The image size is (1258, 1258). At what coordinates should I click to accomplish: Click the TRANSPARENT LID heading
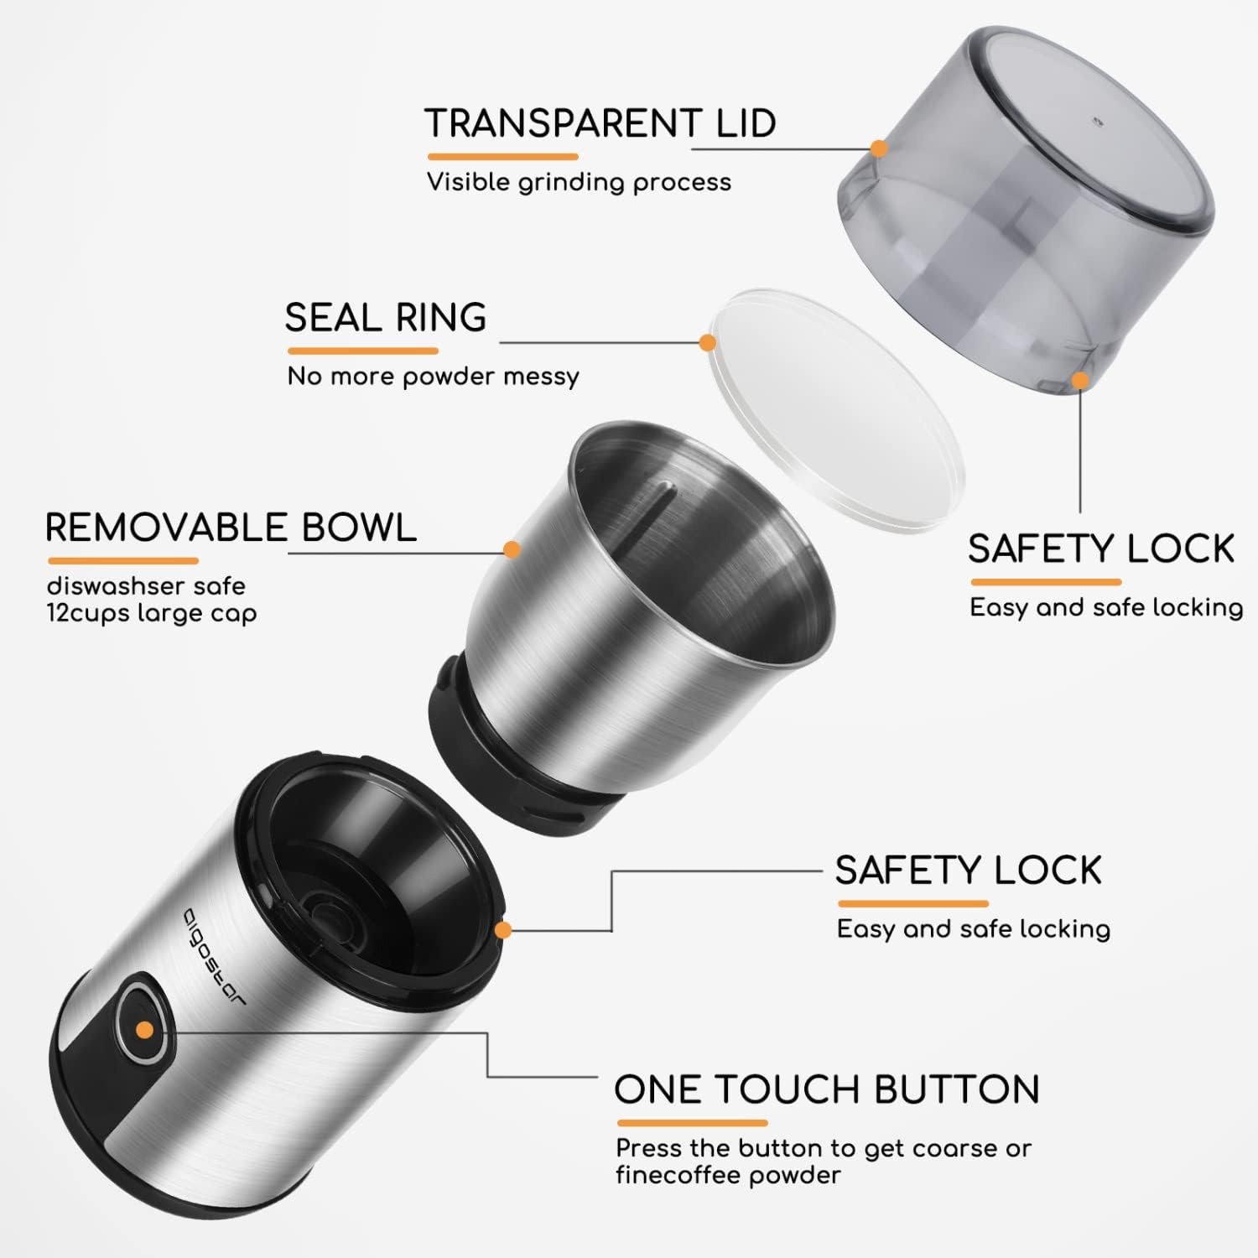pyautogui.click(x=600, y=123)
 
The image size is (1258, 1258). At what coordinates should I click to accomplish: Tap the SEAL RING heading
pyautogui.click(x=386, y=318)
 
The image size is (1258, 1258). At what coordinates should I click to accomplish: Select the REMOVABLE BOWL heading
pyautogui.click(x=231, y=528)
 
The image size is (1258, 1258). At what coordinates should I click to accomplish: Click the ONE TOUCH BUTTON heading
pyautogui.click(x=827, y=1089)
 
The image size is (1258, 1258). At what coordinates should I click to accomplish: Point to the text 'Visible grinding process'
pyautogui.click(x=579, y=183)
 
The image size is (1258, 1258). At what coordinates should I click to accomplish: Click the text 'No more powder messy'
pyautogui.click(x=433, y=377)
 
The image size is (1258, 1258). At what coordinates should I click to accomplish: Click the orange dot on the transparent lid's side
pyautogui.click(x=879, y=148)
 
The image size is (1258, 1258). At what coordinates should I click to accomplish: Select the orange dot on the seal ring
pyautogui.click(x=707, y=342)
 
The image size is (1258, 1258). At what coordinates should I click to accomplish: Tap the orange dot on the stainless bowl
pyautogui.click(x=512, y=549)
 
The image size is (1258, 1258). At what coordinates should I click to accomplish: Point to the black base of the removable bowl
pyautogui.click(x=520, y=755)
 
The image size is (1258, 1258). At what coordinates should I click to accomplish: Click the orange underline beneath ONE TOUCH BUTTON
pyautogui.click(x=692, y=1123)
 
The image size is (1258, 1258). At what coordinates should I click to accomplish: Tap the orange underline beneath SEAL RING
pyautogui.click(x=362, y=351)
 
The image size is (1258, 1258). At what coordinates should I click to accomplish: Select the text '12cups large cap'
pyautogui.click(x=151, y=614)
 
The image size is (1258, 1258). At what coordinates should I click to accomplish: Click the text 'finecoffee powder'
pyautogui.click(x=728, y=1175)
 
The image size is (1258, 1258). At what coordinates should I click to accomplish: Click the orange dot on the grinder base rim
pyautogui.click(x=503, y=930)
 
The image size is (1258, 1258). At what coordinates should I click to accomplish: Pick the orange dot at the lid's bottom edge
pyautogui.click(x=1080, y=381)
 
